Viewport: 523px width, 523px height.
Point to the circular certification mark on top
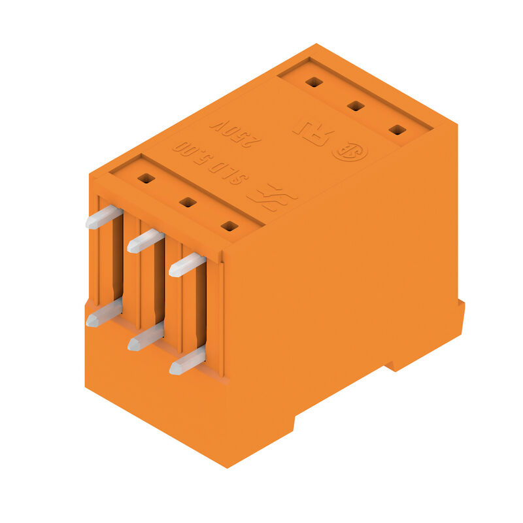click(350, 151)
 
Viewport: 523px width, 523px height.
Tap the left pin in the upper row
click(103, 217)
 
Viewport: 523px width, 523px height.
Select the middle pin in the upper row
click(145, 241)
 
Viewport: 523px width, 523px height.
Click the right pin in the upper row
click(187, 264)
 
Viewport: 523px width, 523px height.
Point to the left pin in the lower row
click(103, 313)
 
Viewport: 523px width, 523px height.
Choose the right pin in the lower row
click(187, 361)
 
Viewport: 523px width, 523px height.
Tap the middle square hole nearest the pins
click(188, 202)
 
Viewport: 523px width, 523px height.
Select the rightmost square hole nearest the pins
click(229, 226)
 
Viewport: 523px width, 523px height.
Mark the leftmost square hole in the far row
click(314, 82)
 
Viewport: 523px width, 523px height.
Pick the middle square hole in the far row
click(356, 105)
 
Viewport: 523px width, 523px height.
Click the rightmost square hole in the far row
click(397, 129)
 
